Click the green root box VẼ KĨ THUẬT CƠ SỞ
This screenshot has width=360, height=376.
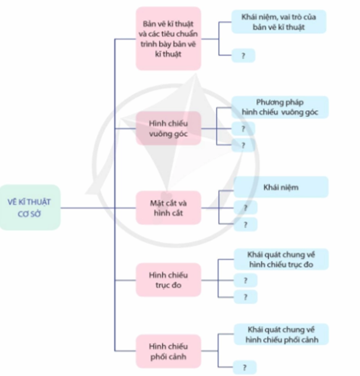(x=30, y=207)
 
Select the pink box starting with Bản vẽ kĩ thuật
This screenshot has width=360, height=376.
(x=168, y=38)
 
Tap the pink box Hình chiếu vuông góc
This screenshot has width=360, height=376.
(x=168, y=128)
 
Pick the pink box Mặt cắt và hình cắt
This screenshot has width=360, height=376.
(x=168, y=207)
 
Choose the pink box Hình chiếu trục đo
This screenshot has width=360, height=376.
(x=168, y=280)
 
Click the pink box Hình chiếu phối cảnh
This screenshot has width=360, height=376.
(x=168, y=351)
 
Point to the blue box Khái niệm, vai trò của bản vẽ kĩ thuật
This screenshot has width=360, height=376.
(x=278, y=22)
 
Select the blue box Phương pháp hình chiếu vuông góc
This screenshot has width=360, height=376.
(x=280, y=107)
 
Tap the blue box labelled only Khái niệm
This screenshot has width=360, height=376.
(x=281, y=187)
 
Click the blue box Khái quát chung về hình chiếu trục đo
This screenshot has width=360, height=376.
(x=281, y=259)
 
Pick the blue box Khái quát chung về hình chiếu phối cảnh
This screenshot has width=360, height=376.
(x=281, y=334)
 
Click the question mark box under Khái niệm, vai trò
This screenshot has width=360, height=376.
(x=243, y=56)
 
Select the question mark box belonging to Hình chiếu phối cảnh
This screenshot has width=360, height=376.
(x=245, y=367)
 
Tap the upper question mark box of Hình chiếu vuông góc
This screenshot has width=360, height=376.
(x=243, y=129)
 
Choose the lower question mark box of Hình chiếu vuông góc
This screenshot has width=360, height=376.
(x=243, y=145)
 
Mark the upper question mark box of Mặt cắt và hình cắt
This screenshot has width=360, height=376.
(x=245, y=208)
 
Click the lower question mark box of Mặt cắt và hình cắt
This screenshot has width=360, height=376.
(x=245, y=224)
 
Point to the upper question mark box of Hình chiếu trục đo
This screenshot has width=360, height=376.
(x=245, y=280)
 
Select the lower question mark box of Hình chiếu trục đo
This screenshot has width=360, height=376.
(x=245, y=297)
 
